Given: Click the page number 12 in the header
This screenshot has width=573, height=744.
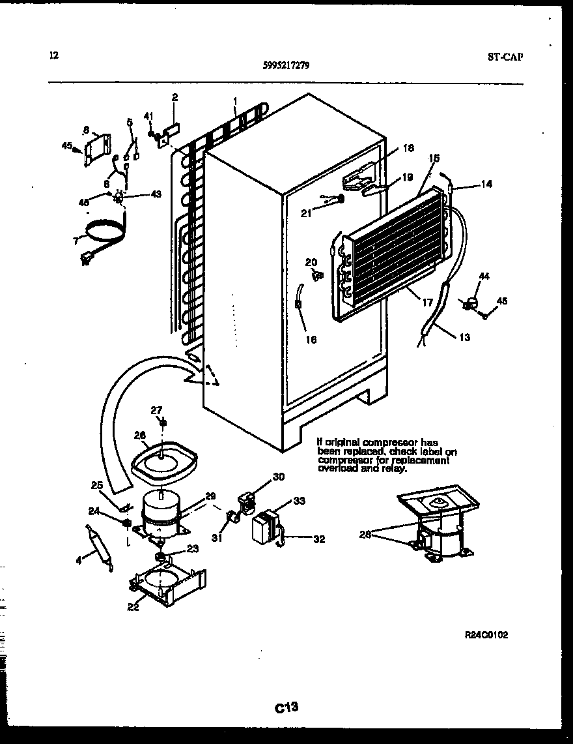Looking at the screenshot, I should click(53, 55).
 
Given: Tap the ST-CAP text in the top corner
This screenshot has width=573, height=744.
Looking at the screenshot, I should click(505, 56).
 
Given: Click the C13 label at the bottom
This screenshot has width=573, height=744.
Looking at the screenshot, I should click(286, 706).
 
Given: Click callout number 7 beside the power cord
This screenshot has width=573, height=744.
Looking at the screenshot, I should click(77, 241).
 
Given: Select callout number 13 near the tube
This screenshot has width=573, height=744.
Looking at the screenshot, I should click(464, 337).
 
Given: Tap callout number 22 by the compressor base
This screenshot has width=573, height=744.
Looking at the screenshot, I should click(133, 608).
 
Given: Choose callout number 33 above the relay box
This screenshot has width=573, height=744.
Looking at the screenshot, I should click(299, 501).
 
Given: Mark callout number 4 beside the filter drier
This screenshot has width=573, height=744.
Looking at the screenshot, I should click(78, 559).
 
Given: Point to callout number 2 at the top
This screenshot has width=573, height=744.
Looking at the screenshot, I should click(175, 98).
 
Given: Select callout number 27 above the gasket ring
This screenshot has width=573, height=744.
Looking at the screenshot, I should click(156, 409).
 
